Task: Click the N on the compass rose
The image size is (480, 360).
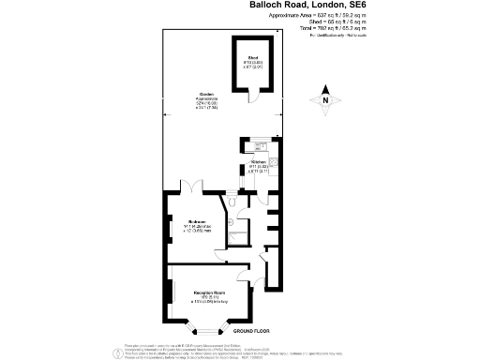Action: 325,99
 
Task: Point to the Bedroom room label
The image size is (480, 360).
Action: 197,222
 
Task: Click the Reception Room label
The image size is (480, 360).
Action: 208,293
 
